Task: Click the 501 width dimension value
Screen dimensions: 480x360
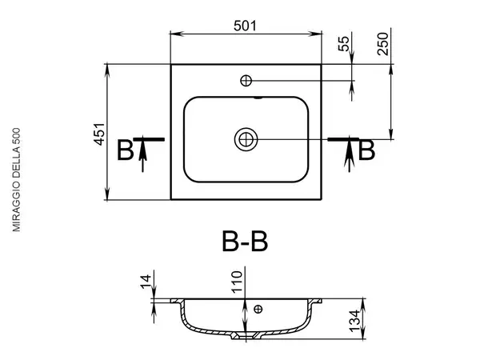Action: [x=245, y=26]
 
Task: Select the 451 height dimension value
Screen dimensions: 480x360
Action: [x=99, y=134]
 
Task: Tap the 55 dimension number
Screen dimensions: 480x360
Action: [x=344, y=44]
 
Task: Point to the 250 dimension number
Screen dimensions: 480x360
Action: [x=382, y=44]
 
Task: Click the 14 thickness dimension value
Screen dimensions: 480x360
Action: [x=146, y=282]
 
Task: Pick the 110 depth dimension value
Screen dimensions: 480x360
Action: [x=237, y=282]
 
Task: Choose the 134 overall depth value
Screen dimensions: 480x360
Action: [x=354, y=321]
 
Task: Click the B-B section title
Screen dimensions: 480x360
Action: [x=245, y=242]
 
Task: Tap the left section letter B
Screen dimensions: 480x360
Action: [x=126, y=150]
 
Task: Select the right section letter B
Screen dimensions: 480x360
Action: [x=366, y=150]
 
